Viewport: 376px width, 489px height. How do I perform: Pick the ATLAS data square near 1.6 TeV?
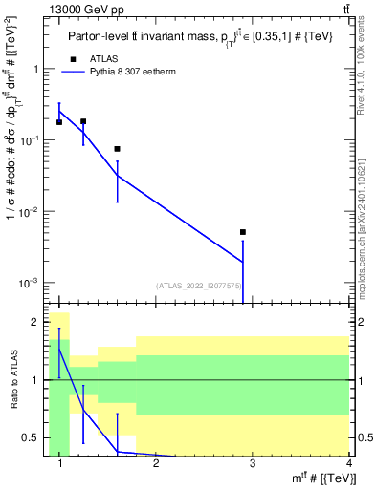pos(117,149)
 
